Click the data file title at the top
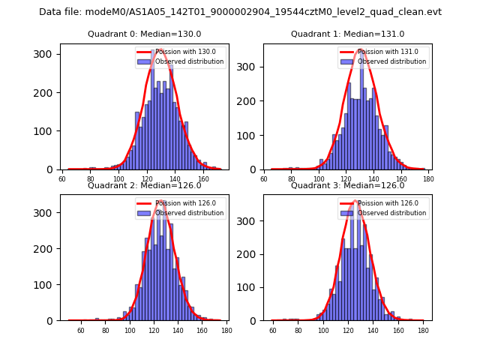tap(240, 12)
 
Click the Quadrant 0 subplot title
tap(144, 34)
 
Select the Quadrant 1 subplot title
tap(347, 34)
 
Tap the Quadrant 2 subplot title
tap(144, 185)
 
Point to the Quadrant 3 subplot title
tap(347, 185)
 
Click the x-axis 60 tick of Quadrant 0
tap(62, 178)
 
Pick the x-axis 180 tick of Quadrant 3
tap(422, 330)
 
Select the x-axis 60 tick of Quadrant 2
tap(81, 330)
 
